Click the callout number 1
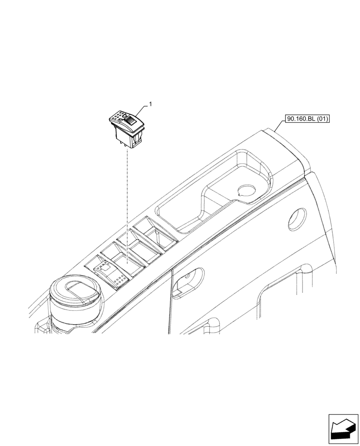click(150, 104)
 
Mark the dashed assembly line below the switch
click(126, 201)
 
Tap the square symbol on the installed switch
click(105, 268)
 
